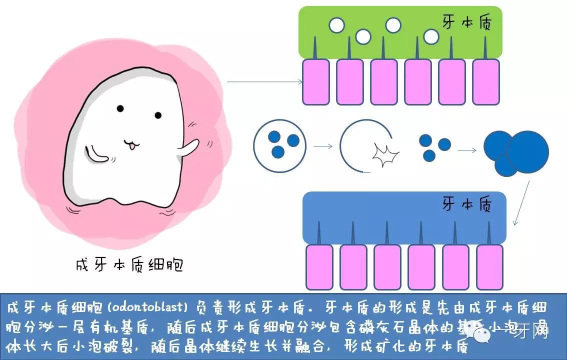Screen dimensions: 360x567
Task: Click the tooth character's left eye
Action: pyautogui.click(x=120, y=108)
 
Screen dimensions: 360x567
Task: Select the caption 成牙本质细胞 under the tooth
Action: pyautogui.click(x=129, y=264)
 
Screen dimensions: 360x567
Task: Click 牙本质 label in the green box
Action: pyautogui.click(x=466, y=23)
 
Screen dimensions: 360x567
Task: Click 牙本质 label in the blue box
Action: pyautogui.click(x=467, y=204)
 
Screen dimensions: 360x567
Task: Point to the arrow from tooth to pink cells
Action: pyautogui.click(x=265, y=81)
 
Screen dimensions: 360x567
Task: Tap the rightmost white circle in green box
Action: pyautogui.click(x=431, y=36)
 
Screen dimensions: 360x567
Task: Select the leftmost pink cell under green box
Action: pyautogui.click(x=316, y=82)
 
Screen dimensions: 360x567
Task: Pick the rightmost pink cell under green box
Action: pyautogui.click(x=485, y=82)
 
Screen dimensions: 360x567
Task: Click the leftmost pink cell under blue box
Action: pyautogui.click(x=319, y=267)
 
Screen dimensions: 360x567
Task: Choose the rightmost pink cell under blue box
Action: pyautogui.click(x=489, y=267)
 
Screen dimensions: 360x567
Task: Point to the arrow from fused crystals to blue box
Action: pyautogui.click(x=522, y=202)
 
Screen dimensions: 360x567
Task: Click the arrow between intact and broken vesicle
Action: pyautogui.click(x=323, y=146)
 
